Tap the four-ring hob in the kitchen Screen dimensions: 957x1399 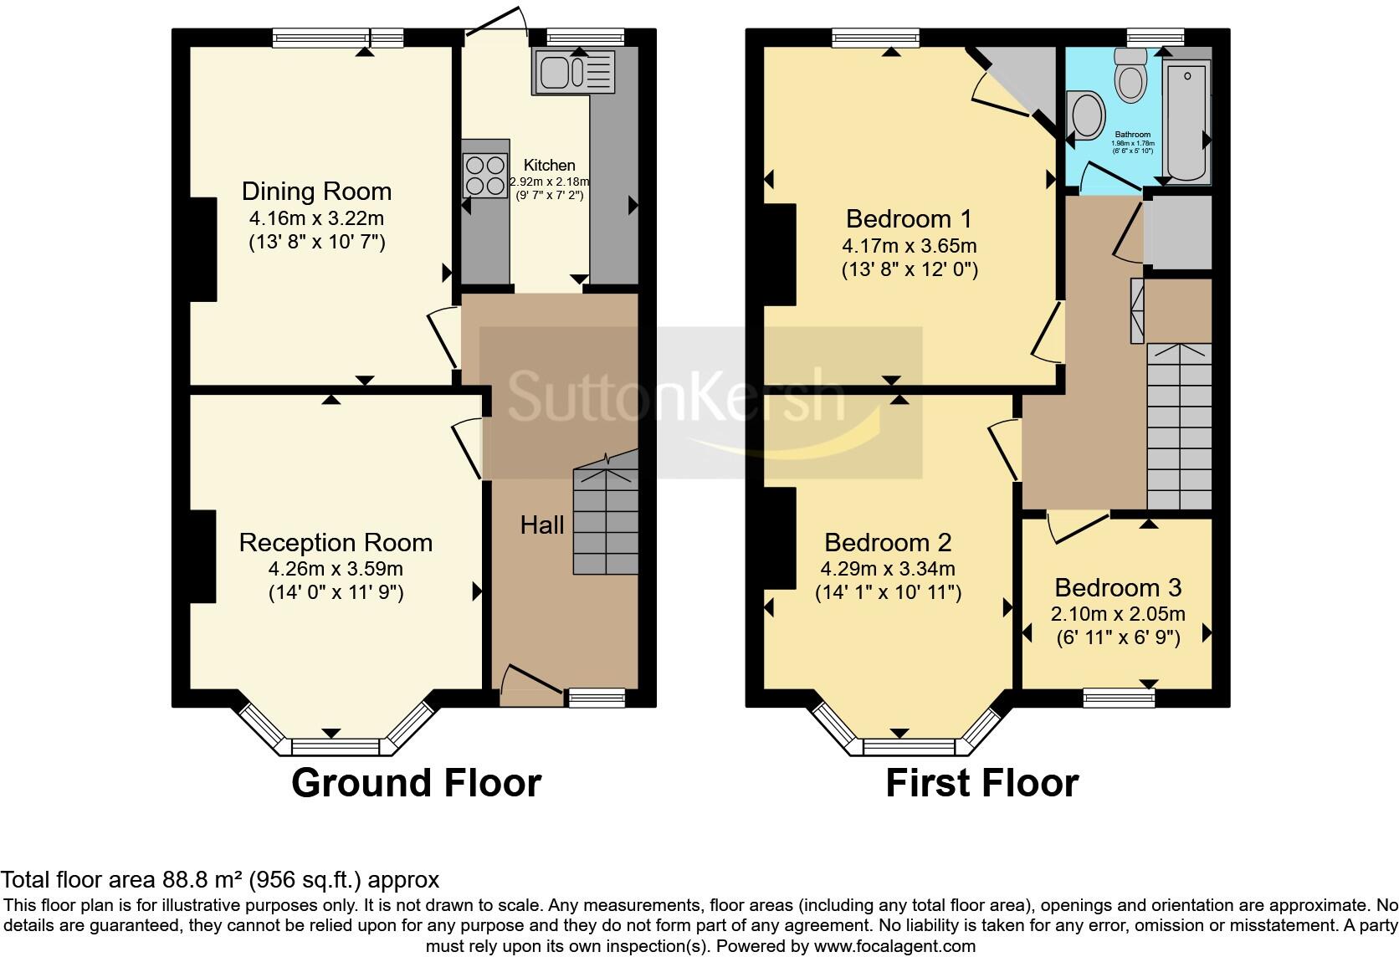point(485,174)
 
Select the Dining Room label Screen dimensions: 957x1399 point(316,192)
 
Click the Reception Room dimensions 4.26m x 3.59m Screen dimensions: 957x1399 point(336,569)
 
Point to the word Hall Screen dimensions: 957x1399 point(542,525)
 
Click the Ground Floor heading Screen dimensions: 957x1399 point(416,783)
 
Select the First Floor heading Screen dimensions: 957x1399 point(981,783)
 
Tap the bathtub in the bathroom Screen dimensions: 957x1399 point(1187,121)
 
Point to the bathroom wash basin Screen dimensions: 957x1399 point(1087,114)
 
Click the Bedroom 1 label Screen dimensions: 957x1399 point(909,219)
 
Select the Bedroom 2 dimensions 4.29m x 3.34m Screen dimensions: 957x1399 point(888,569)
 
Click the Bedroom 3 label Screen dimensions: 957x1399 point(1118,587)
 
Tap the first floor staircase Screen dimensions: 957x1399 point(1179,427)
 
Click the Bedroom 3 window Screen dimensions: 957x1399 point(1119,697)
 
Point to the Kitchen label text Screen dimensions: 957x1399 point(550,166)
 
